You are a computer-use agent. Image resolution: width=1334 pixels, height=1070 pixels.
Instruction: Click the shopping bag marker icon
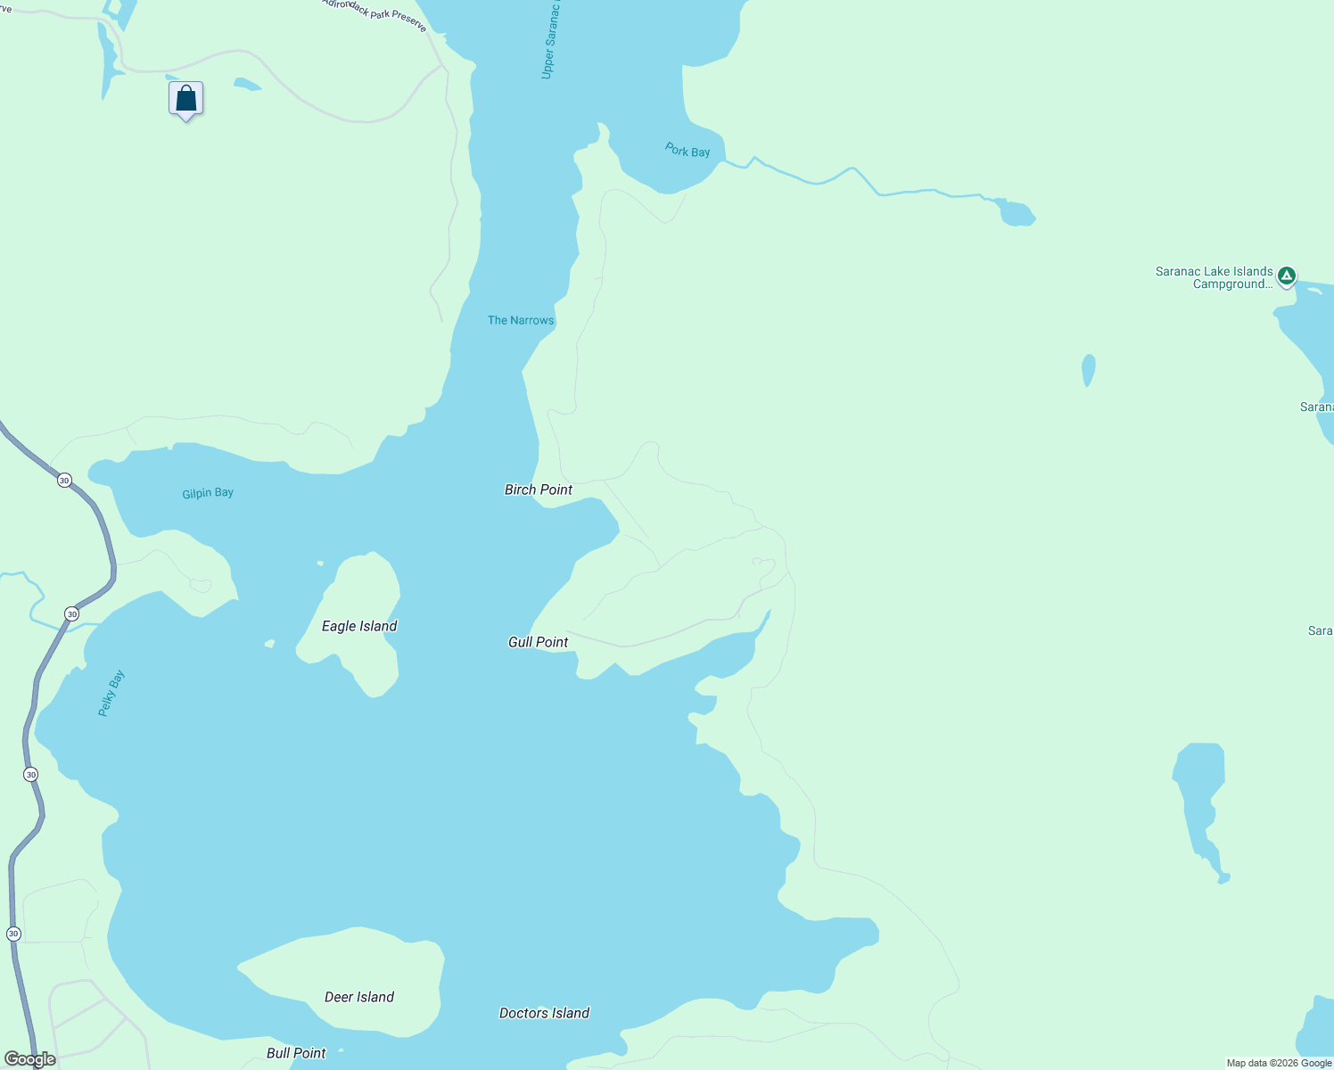point(185,98)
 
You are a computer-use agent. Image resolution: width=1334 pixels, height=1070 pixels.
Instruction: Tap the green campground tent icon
point(1286,276)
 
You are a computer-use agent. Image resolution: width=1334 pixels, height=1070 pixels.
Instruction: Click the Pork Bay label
point(688,150)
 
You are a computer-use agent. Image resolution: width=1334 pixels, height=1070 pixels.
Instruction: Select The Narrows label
point(521,320)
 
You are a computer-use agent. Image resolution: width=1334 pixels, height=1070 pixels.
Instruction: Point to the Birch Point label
point(539,490)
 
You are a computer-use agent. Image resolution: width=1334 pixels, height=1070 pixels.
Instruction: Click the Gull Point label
point(538,642)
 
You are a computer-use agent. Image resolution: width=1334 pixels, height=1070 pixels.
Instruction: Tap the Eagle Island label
point(359,626)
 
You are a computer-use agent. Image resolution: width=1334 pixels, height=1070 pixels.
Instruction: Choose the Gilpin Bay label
point(208,493)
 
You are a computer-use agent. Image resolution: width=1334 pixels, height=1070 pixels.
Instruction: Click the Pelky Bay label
point(111,694)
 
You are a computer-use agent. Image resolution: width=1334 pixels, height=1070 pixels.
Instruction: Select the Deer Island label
point(359,997)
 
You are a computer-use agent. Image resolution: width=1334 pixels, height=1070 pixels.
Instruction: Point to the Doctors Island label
point(544,1013)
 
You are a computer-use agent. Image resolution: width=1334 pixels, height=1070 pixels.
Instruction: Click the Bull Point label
point(296,1053)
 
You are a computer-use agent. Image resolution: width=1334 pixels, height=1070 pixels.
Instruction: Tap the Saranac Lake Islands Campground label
point(1214,277)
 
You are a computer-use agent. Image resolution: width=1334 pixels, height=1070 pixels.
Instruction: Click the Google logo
point(30,1059)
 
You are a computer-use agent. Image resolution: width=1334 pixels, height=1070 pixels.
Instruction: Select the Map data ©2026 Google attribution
point(1279,1063)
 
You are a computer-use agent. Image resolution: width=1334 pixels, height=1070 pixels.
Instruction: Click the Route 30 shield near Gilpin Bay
point(64,481)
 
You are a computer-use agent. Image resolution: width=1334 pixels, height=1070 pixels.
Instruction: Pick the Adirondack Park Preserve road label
point(375,13)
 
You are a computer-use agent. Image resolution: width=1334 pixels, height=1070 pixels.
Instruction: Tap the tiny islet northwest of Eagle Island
point(320,564)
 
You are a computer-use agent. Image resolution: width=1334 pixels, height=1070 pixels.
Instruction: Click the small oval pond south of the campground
point(1088,369)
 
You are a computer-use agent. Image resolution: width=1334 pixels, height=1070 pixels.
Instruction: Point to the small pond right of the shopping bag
point(247,85)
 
